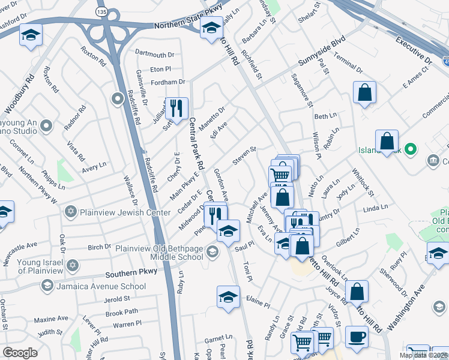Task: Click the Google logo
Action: coord(20,353)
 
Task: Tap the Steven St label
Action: coord(244,154)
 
